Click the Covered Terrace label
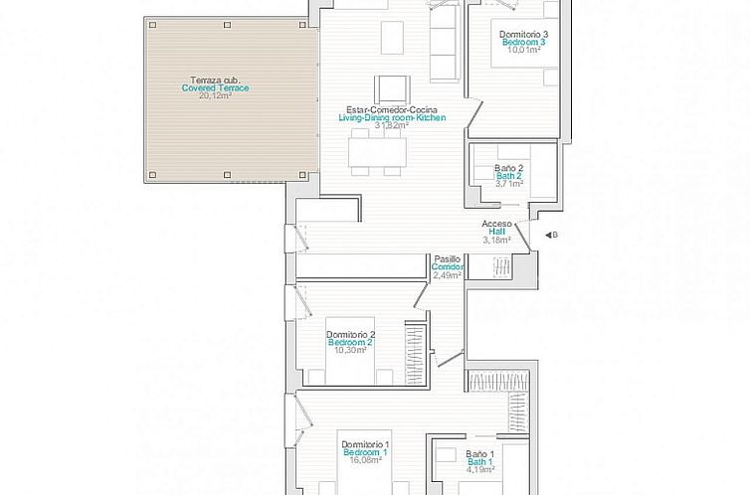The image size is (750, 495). (215, 88)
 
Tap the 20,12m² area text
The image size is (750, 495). (215, 96)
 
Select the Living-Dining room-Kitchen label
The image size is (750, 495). (392, 118)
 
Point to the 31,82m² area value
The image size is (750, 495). (392, 126)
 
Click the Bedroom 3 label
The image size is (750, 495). (524, 43)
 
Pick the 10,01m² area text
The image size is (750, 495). (524, 51)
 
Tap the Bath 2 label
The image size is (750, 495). (509, 176)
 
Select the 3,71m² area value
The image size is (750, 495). (509, 184)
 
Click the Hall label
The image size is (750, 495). (496, 232)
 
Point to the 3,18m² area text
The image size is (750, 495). (496, 240)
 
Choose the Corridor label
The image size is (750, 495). (449, 267)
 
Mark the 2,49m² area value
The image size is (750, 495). (448, 275)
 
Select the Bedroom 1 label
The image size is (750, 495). (365, 453)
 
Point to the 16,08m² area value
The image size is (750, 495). (365, 461)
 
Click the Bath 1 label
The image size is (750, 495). (480, 462)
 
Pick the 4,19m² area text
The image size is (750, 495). (480, 470)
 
